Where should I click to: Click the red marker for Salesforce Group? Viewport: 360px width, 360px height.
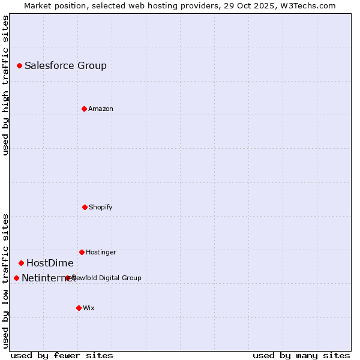point(19,65)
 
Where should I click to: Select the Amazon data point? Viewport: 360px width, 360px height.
point(84,109)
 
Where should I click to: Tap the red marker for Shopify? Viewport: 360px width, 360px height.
point(85,207)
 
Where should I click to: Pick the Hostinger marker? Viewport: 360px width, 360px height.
point(82,252)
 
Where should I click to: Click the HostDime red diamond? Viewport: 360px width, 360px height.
point(21,263)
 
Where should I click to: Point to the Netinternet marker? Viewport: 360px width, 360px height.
point(16,278)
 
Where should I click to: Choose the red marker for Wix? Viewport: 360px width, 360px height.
point(79,308)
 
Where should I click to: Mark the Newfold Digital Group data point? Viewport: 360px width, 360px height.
point(67,278)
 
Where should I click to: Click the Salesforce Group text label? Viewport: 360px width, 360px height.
point(65,66)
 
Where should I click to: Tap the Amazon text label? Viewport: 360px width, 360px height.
point(100,109)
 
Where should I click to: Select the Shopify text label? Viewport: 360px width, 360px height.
point(100,207)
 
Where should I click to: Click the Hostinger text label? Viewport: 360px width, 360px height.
point(101,252)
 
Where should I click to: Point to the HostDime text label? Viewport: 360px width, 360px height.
point(50,263)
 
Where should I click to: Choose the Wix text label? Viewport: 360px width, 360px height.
point(88,308)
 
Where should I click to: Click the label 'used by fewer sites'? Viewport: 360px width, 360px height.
point(62,355)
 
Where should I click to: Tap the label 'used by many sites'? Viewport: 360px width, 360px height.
point(301,355)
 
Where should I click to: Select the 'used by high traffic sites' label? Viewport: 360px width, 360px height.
point(5,85)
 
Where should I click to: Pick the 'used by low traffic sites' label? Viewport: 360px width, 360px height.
point(5,281)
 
